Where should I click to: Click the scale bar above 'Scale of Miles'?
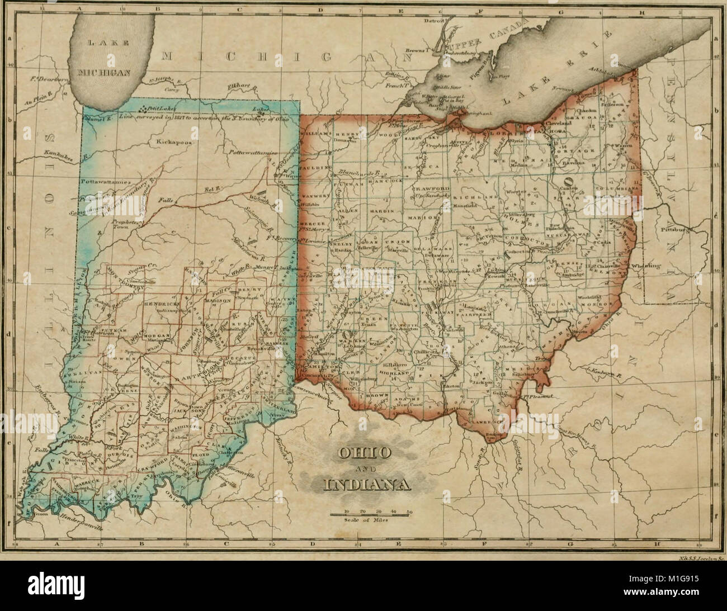(x=371, y=514)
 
